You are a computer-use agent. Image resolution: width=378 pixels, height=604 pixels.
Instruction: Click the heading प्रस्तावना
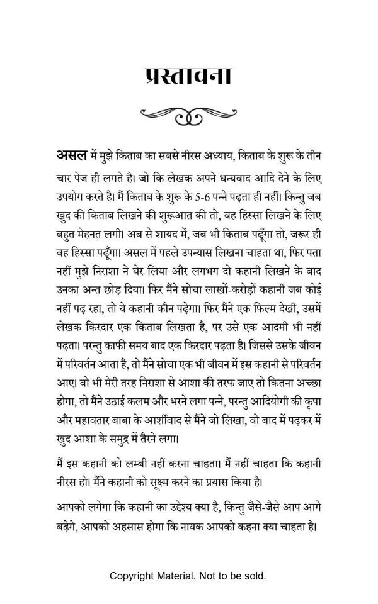[x=188, y=76]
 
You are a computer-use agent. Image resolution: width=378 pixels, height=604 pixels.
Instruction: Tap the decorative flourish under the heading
[x=188, y=115]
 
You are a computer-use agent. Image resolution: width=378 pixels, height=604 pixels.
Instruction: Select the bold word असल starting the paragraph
[x=72, y=155]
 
